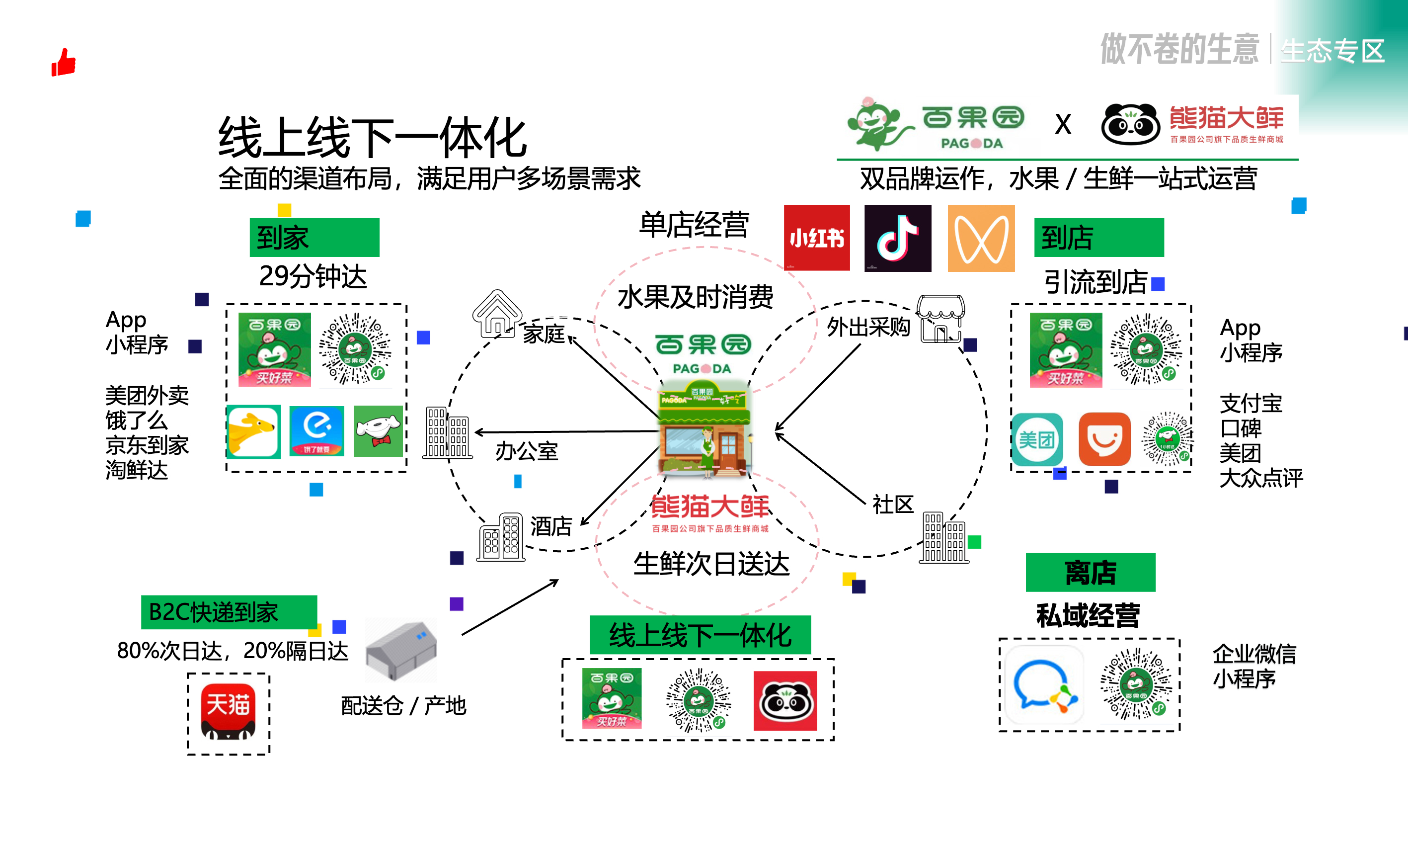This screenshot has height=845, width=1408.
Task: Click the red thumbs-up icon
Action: click(x=64, y=62)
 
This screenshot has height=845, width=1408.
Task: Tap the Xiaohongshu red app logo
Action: click(x=816, y=238)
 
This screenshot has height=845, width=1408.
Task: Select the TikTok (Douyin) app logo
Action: click(x=897, y=238)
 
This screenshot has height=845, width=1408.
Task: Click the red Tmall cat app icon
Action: click(x=228, y=711)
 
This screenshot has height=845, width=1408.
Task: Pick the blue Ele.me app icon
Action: click(x=316, y=431)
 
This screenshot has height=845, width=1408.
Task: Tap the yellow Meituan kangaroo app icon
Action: click(x=254, y=431)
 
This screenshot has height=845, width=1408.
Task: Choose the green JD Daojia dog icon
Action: click(x=378, y=431)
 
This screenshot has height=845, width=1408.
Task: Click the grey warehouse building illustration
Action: click(x=401, y=649)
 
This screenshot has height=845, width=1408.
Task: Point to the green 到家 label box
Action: click(x=314, y=238)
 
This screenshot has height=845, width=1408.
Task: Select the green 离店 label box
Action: click(x=1090, y=572)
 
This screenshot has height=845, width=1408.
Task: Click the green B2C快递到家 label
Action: click(x=229, y=612)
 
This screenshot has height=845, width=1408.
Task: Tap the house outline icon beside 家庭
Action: click(x=497, y=313)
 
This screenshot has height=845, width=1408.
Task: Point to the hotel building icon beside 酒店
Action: click(x=501, y=537)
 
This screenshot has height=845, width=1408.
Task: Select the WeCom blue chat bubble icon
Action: click(x=1044, y=685)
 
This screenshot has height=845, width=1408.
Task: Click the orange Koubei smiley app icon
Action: click(x=1104, y=439)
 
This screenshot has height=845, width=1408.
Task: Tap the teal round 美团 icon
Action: click(x=1037, y=439)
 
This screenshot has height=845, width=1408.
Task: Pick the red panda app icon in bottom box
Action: click(x=785, y=700)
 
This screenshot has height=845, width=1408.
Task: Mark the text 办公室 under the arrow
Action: click(x=527, y=451)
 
